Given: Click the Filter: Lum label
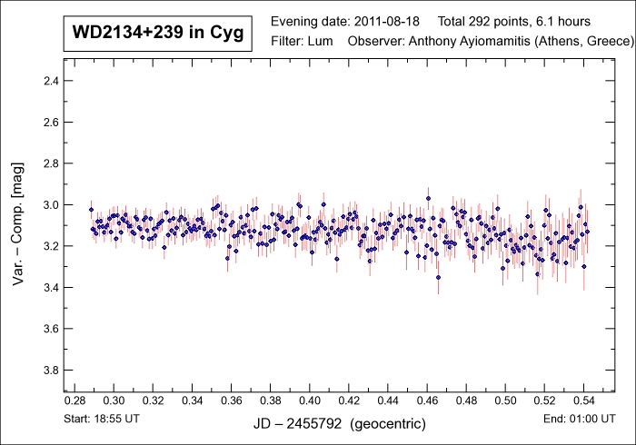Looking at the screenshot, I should click(303, 43).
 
